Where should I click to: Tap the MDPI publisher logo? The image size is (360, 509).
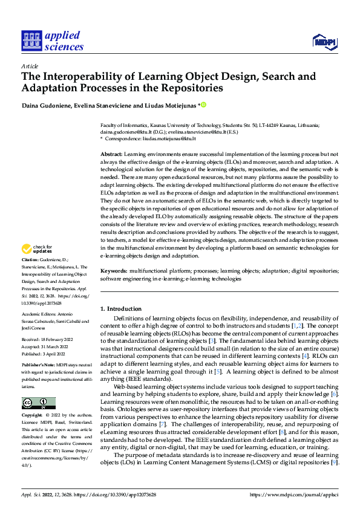click(x=324, y=41)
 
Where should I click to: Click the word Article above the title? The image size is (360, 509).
click(x=30, y=66)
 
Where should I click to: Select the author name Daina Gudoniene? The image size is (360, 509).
click(x=47, y=105)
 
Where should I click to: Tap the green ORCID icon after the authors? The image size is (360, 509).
click(x=204, y=105)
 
